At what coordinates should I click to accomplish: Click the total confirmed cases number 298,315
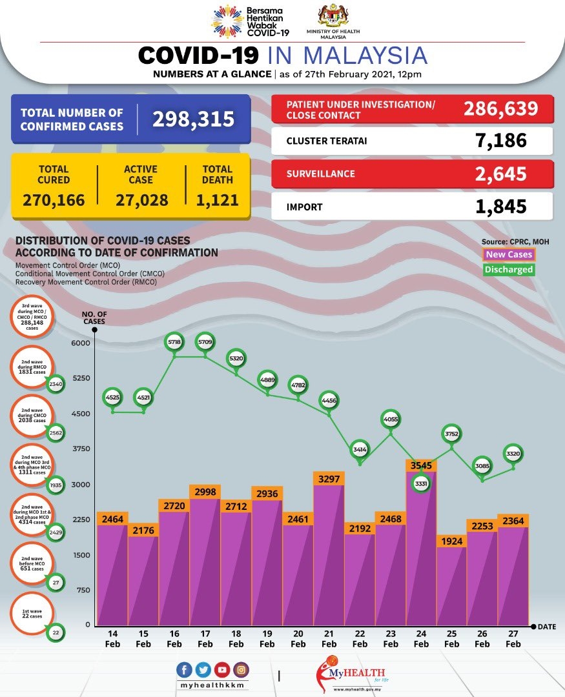[193, 119]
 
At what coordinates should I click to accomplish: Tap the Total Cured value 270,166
[54, 200]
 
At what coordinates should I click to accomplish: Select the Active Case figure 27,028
[142, 200]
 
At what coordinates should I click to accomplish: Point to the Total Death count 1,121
[217, 200]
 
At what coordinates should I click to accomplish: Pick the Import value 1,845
[502, 207]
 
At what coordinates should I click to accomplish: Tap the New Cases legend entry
[509, 255]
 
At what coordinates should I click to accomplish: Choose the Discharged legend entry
[509, 270]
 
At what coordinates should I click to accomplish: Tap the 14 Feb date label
[112, 639]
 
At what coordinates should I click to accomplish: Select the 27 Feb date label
[513, 639]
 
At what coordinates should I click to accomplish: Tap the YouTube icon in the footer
[222, 670]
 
